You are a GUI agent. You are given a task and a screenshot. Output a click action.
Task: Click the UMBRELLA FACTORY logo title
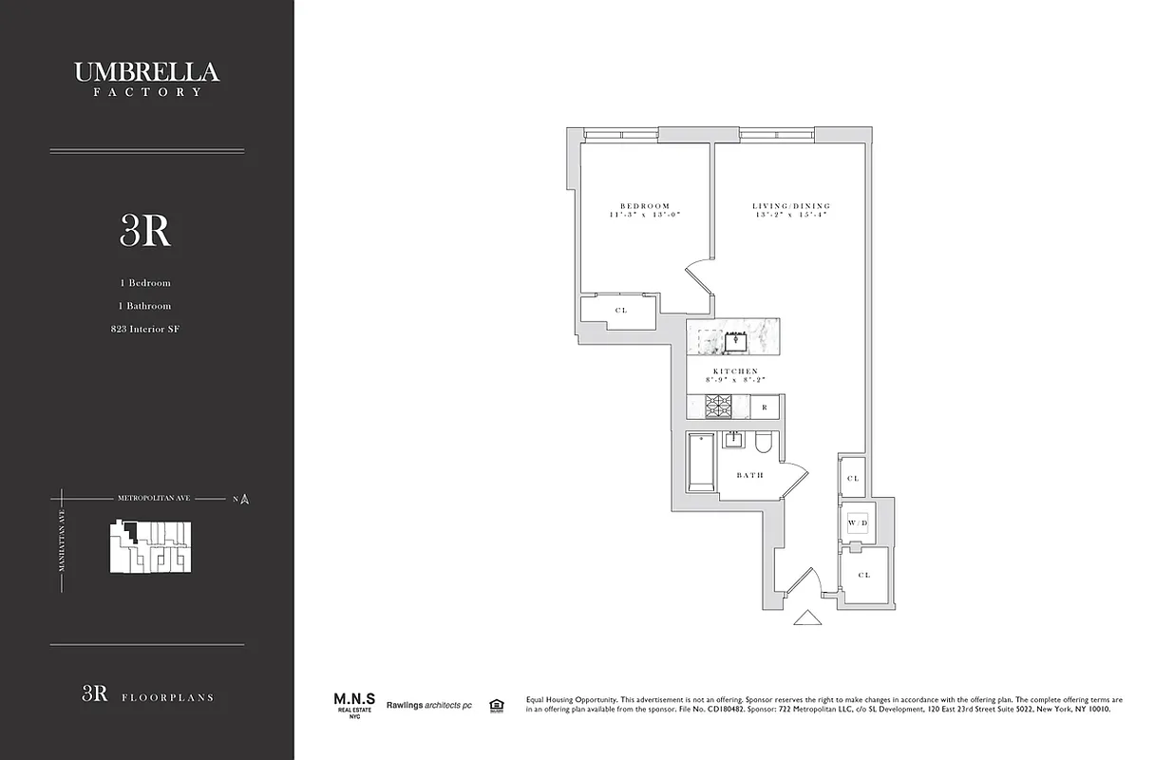tap(146, 77)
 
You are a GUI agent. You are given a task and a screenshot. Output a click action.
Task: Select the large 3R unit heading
tap(145, 231)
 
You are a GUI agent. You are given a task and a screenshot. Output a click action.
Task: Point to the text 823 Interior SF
tap(145, 330)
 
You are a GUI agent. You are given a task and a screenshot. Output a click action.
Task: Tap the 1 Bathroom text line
tap(145, 306)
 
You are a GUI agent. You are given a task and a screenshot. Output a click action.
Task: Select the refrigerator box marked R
tap(765, 408)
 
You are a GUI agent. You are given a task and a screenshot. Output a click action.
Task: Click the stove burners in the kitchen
tap(719, 408)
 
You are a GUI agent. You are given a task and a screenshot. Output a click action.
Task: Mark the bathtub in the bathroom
tap(701, 463)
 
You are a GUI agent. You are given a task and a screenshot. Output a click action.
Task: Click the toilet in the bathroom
tap(764, 444)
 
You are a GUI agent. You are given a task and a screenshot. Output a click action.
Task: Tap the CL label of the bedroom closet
tap(620, 311)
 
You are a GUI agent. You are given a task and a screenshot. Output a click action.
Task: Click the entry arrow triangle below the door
tap(807, 619)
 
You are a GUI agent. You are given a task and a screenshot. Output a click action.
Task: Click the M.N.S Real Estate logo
tap(347, 704)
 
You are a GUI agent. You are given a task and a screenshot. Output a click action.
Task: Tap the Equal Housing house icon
tap(495, 705)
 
